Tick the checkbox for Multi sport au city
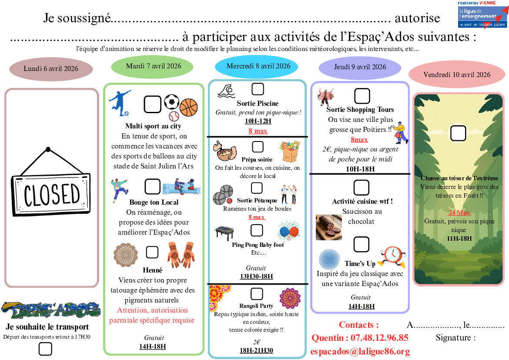pos(152,104)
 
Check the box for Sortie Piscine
pos(258,89)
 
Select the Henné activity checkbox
pos(152,252)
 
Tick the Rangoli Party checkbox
pos(257,293)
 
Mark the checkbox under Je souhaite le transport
pos(45,349)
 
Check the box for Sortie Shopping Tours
pos(362,96)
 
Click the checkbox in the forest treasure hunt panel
pos(458,133)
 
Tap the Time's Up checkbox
pos(361,245)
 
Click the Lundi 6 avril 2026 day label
pos(51,69)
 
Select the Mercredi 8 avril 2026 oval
pos(258,66)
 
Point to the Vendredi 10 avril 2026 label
pos(457,74)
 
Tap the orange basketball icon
pos(188,107)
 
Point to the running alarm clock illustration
pos(392,256)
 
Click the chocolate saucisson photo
pos(329,227)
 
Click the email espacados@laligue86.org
pos(361,351)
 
